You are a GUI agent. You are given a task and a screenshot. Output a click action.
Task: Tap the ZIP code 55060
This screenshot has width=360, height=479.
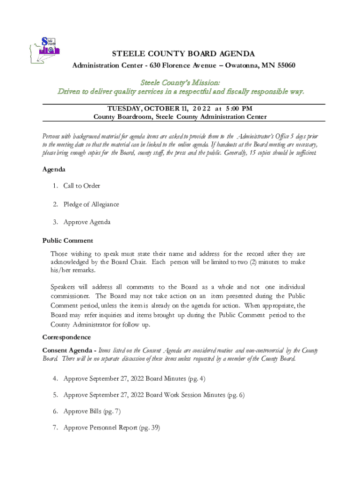(285, 65)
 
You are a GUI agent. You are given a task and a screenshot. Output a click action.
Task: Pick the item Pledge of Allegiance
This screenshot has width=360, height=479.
(91, 204)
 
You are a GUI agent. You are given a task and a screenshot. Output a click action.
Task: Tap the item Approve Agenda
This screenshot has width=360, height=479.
(87, 222)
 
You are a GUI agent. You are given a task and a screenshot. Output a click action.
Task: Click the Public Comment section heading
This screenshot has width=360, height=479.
(68, 240)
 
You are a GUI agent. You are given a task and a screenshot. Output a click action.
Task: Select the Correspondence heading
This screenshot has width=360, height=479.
(66, 337)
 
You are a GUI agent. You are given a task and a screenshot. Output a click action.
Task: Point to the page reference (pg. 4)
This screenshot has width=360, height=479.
(195, 378)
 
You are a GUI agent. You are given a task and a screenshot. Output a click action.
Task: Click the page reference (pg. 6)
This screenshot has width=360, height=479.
(235, 395)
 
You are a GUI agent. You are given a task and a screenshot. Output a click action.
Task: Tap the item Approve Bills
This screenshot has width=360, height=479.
(82, 411)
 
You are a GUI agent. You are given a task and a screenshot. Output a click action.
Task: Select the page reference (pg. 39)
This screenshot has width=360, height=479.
(150, 428)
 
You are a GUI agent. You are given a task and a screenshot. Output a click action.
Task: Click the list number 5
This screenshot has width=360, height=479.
(55, 395)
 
